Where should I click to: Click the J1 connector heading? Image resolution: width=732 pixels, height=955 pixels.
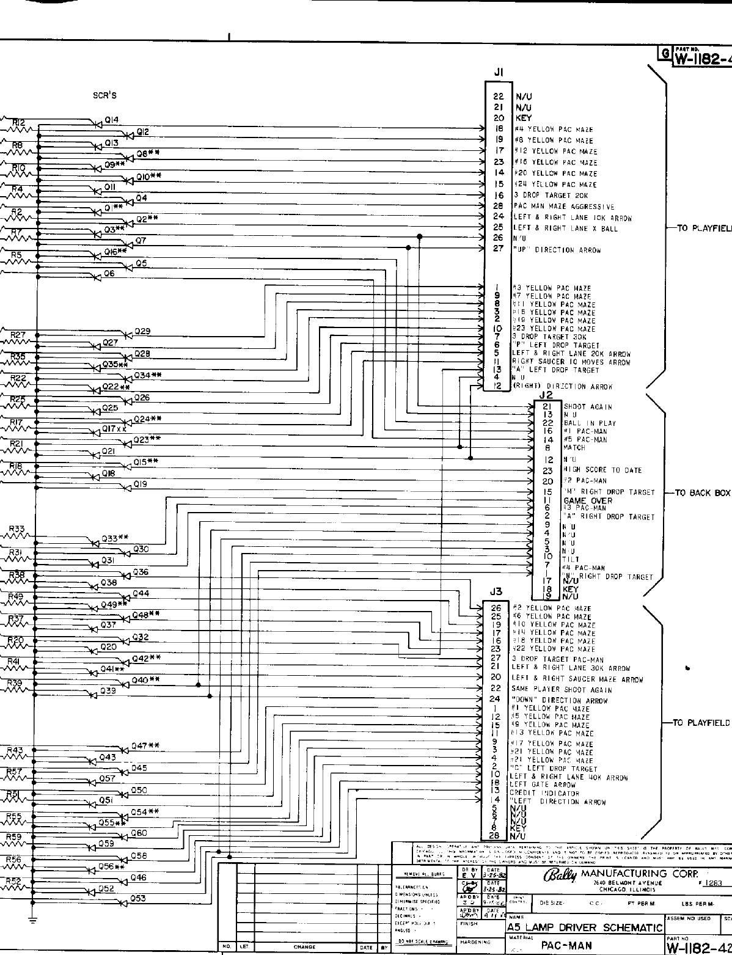[x=498, y=72]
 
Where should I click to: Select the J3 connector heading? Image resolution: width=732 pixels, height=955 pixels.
[x=496, y=591]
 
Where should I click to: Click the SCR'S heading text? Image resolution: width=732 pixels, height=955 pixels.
[x=104, y=95]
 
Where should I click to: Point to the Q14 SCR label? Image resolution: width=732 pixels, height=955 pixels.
[x=112, y=120]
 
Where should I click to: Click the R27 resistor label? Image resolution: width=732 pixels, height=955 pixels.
[x=18, y=335]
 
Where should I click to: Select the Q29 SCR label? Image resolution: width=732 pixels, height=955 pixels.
[x=142, y=331]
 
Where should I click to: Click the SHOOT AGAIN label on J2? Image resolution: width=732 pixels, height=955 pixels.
[x=588, y=407]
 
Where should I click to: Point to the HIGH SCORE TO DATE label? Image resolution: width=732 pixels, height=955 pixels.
[x=602, y=470]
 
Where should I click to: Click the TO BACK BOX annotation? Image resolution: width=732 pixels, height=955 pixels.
[x=703, y=492]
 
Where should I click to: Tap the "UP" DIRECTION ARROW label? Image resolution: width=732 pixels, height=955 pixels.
[x=557, y=250]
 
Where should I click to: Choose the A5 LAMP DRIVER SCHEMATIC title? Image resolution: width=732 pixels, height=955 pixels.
[x=585, y=928]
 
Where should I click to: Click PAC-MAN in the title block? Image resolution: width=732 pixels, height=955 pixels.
[x=566, y=946]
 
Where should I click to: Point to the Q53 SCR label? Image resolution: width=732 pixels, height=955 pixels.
[x=138, y=898]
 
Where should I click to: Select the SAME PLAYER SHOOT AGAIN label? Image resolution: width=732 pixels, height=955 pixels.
[x=561, y=689]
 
